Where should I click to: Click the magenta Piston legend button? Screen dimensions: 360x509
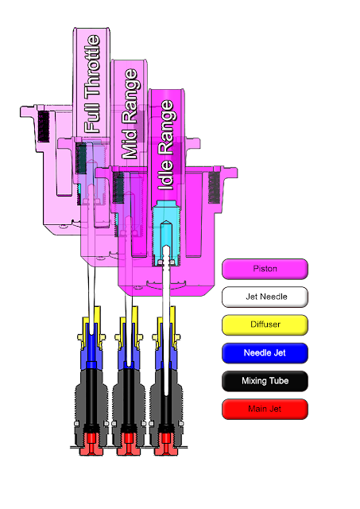click(265, 269)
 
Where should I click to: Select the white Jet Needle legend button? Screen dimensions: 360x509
click(265, 297)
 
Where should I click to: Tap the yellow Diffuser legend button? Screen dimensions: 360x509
click(265, 324)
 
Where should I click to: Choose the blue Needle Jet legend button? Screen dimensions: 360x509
click(265, 353)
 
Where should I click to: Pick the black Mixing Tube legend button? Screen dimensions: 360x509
click(265, 381)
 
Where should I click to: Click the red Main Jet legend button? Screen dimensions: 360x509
click(265, 409)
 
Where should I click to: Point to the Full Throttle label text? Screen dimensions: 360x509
click(92, 84)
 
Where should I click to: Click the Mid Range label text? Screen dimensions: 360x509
click(130, 114)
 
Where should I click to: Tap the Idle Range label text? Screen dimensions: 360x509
click(166, 145)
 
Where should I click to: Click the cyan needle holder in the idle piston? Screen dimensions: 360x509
click(166, 233)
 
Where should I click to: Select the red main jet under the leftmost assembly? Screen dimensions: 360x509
click(91, 444)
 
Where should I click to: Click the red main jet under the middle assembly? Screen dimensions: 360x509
click(129, 444)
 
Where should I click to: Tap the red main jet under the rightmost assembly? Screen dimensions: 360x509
click(166, 444)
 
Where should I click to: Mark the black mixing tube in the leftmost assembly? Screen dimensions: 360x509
click(91, 396)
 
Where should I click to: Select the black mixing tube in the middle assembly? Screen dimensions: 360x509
click(129, 396)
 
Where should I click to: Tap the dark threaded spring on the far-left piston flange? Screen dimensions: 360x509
click(44, 126)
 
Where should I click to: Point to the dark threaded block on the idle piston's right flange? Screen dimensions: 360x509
click(214, 188)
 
